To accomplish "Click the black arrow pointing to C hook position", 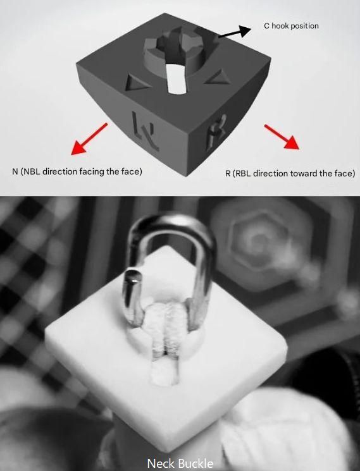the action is point(235,32).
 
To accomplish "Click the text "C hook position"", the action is point(291,26).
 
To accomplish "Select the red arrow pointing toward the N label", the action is point(89,139).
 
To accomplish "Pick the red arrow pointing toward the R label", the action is point(282,137).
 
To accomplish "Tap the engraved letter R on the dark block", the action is point(216,132).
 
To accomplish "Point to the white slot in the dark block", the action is point(175,78).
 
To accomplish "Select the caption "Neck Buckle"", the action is point(180,463).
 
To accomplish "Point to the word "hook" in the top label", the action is point(280,26).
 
